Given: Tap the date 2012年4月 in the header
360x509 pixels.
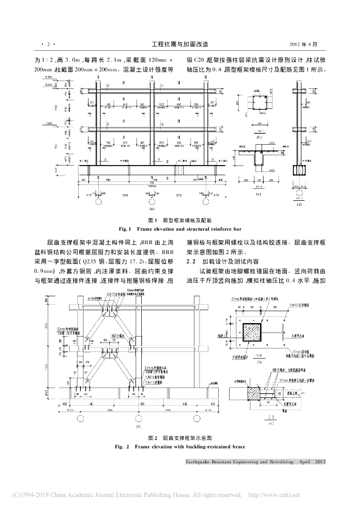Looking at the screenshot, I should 310,44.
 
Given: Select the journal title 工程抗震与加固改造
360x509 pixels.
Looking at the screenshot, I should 180,44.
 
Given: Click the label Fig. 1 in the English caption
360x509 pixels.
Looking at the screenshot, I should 122,229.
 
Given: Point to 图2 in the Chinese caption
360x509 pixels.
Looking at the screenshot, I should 153,438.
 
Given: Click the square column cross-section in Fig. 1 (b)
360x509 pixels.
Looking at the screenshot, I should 260,105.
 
